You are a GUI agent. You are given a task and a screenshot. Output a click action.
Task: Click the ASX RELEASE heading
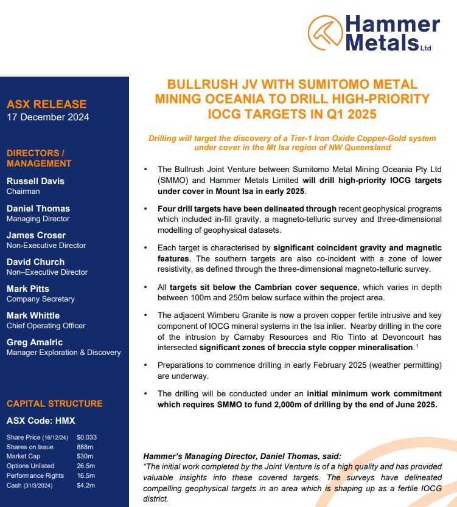[47, 104]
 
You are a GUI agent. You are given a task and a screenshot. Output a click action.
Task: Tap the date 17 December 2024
[48, 117]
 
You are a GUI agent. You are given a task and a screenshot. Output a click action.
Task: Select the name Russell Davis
[35, 181]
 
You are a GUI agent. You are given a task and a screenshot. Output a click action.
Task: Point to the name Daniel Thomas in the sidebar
[38, 208]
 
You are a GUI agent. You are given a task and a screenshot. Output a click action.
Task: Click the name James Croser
[36, 235]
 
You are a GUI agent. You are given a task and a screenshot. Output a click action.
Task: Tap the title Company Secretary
[41, 299]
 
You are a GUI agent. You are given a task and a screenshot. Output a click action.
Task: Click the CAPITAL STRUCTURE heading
[55, 404]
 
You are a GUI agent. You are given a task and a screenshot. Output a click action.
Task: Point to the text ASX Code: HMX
[41, 420]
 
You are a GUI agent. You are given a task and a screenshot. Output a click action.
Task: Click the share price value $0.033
[87, 437]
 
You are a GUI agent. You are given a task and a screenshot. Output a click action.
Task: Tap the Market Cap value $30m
[85, 456]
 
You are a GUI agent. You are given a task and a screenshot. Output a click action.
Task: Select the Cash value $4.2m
[86, 485]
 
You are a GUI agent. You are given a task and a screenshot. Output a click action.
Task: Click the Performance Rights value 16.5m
[86, 475]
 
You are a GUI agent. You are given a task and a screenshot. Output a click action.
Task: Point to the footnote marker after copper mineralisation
[416, 345]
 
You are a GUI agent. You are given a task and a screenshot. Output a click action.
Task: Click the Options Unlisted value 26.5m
[86, 466]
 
